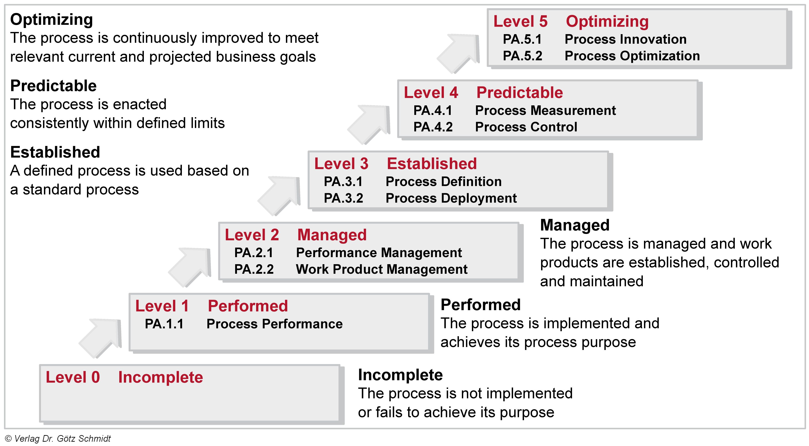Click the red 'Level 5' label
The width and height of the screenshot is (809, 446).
pyautogui.click(x=520, y=21)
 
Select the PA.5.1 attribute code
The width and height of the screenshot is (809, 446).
pyautogui.click(x=522, y=39)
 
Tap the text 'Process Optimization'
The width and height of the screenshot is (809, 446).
pyautogui.click(x=632, y=56)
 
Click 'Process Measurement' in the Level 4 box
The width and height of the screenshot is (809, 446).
pyautogui.click(x=545, y=111)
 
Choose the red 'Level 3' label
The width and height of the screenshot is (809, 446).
pyautogui.click(x=341, y=164)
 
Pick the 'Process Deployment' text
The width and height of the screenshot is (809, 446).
pyautogui.click(x=451, y=198)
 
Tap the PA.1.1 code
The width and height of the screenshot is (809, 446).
pyautogui.click(x=164, y=324)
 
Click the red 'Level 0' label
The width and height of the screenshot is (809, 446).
pyautogui.click(x=73, y=377)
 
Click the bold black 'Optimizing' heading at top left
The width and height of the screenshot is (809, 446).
pyautogui.click(x=51, y=20)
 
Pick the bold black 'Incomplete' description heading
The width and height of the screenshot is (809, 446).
pyautogui.click(x=400, y=375)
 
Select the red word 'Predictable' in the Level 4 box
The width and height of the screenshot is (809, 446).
pyautogui.click(x=520, y=93)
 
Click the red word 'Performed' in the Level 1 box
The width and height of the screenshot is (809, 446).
pyautogui.click(x=248, y=306)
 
